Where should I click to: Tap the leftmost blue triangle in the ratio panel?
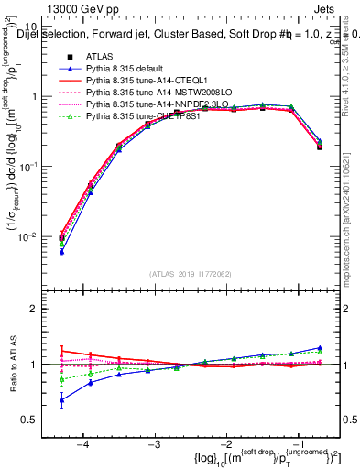point(61,399)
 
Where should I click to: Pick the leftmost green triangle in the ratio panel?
point(61,378)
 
